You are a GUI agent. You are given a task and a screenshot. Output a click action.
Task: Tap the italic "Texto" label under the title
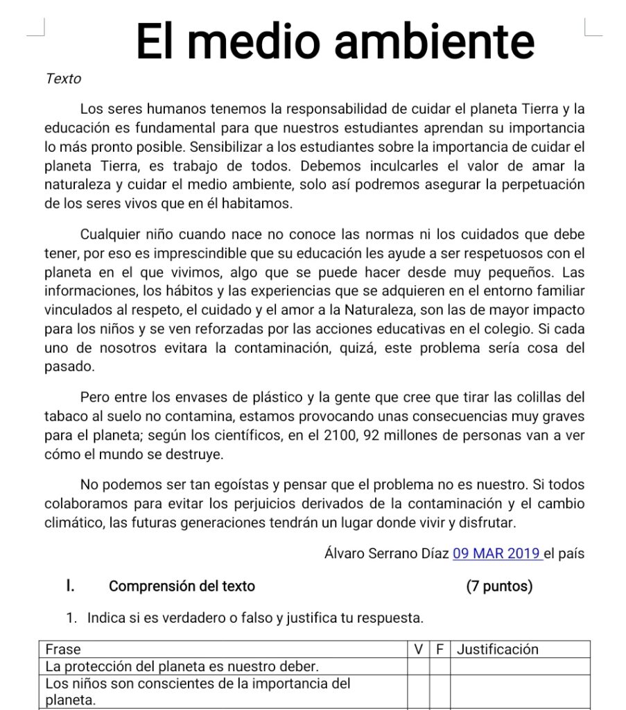pyautogui.click(x=63, y=79)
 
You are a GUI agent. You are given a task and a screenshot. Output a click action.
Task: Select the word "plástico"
pyautogui.click(x=273, y=398)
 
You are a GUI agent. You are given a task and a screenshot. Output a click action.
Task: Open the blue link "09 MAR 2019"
pyautogui.click(x=496, y=554)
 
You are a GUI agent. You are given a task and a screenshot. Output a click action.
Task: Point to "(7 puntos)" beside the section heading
pyautogui.click(x=499, y=587)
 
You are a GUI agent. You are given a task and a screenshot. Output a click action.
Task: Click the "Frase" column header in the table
pyautogui.click(x=63, y=650)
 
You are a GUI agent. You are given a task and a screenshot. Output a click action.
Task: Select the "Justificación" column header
pyautogui.click(x=498, y=650)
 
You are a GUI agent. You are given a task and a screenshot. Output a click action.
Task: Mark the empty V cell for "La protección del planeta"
pyautogui.click(x=418, y=667)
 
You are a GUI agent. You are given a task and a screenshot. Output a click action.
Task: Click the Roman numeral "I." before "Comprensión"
pyautogui.click(x=70, y=587)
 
